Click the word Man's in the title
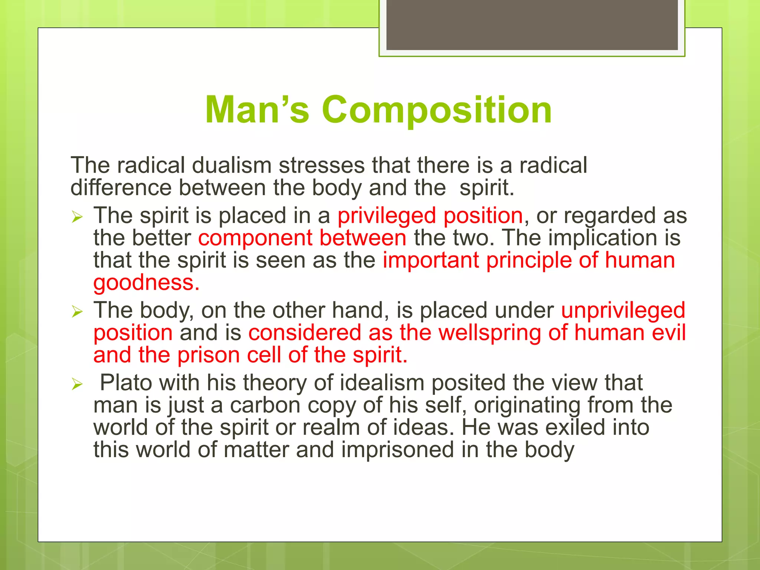click(x=257, y=110)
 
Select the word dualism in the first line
click(x=232, y=165)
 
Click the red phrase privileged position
click(x=430, y=216)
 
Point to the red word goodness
click(x=146, y=282)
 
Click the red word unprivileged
click(x=623, y=310)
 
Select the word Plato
click(x=126, y=383)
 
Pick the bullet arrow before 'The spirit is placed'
click(x=77, y=216)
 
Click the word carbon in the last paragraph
click(x=265, y=405)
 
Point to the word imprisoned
click(x=397, y=450)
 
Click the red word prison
click(x=209, y=355)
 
